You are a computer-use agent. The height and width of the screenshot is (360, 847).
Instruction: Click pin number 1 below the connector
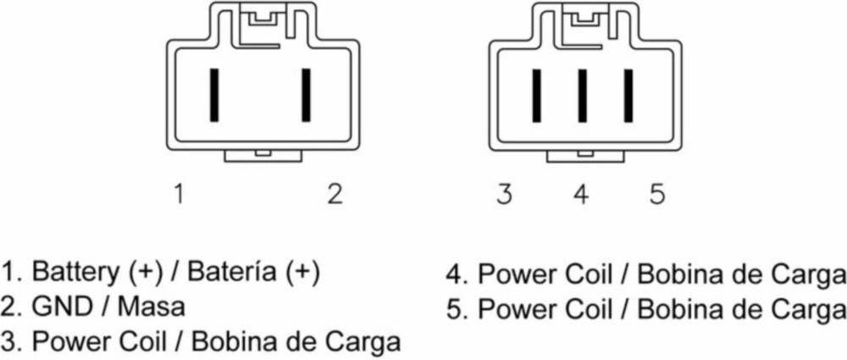(179, 194)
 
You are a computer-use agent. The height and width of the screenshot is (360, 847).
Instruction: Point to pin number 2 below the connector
(335, 194)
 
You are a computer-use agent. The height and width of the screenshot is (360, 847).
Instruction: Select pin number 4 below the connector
(580, 194)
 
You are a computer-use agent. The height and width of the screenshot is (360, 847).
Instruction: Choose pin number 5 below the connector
(657, 194)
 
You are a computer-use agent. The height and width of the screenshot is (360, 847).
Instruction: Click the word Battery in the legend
(75, 273)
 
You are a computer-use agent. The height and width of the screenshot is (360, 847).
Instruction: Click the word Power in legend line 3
(68, 342)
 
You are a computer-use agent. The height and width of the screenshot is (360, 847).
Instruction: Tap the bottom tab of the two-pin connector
(262, 156)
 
